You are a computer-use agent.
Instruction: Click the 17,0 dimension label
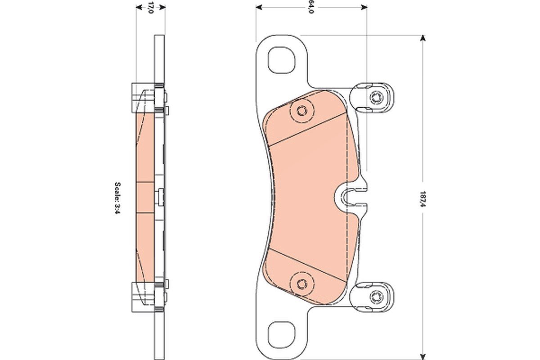(x=150, y=8)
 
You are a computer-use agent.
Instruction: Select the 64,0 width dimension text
(x=311, y=8)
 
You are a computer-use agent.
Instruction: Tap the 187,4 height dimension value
(x=423, y=199)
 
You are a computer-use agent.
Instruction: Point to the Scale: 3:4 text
(x=117, y=198)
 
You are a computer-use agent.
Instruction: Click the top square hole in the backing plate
(x=282, y=60)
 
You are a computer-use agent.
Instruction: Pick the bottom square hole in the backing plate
(x=282, y=335)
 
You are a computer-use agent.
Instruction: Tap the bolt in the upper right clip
(x=376, y=98)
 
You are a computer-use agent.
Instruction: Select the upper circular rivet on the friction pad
(x=302, y=111)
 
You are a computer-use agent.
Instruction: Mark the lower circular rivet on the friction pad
(x=302, y=284)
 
